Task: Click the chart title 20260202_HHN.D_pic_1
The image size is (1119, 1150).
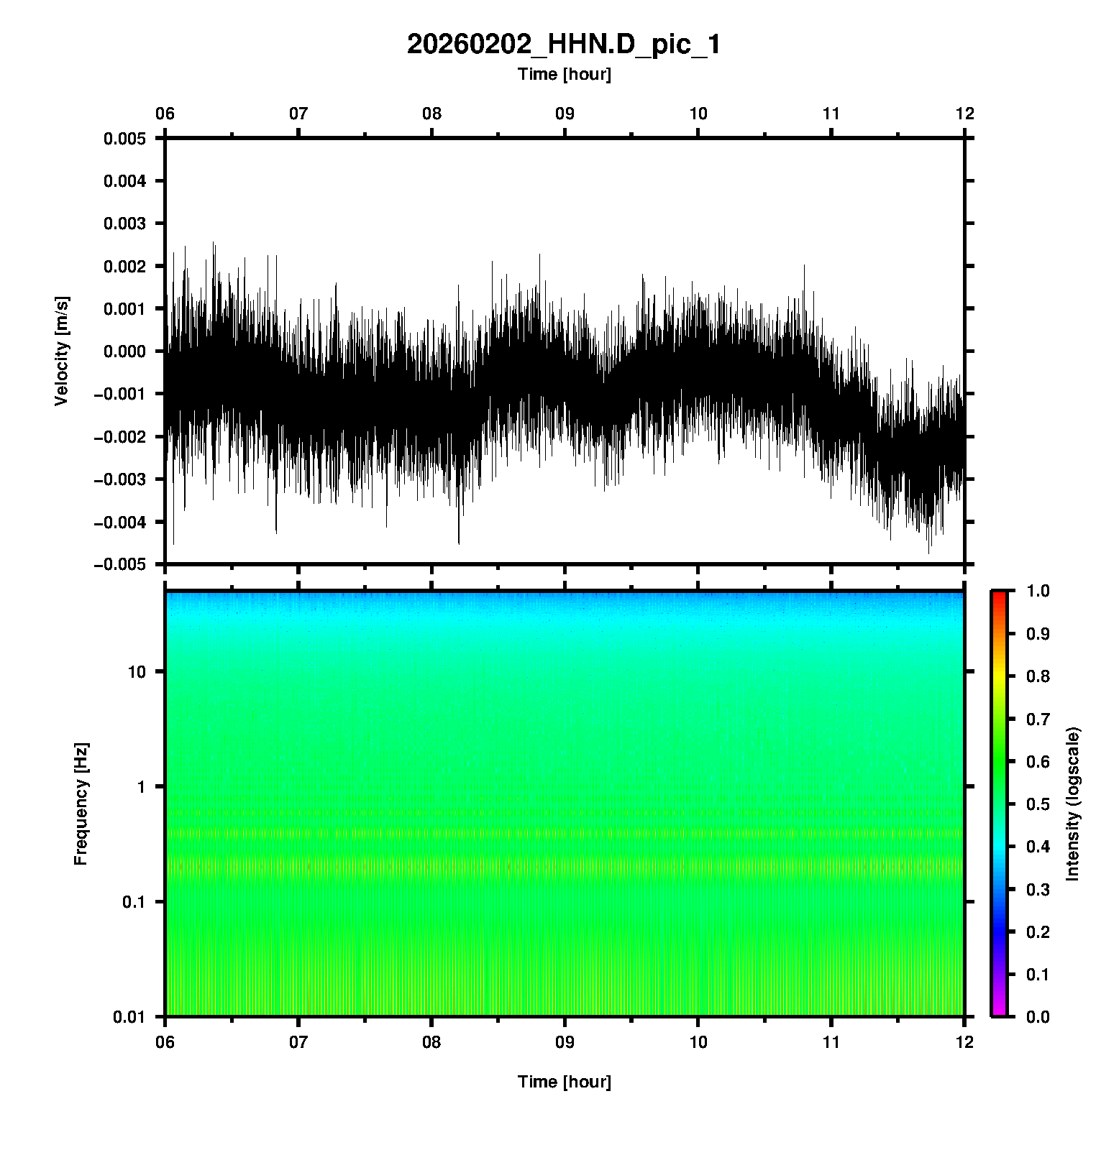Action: coord(564,45)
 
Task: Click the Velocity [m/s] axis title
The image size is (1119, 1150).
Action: coord(62,351)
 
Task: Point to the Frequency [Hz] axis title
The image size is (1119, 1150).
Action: coord(81,804)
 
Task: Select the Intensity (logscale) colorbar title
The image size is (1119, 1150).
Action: coord(1073,804)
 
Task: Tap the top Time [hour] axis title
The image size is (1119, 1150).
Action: coord(564,74)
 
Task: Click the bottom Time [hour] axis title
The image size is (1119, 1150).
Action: coord(564,1082)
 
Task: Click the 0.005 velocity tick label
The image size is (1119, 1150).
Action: coord(124,139)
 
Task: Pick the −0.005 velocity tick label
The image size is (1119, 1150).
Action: coord(119,564)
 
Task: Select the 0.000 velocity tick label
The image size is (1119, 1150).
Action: coord(124,351)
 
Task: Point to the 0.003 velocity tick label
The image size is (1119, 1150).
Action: coord(124,224)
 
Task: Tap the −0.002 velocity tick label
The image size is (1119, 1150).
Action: coord(119,436)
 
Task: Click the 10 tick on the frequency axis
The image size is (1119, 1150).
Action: coord(137,672)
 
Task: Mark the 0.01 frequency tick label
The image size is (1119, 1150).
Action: coord(129,1016)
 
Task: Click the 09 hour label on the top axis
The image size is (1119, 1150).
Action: coord(565,114)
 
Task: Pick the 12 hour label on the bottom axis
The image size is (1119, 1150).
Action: coord(964,1041)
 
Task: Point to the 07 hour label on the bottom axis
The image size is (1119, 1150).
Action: coord(298,1041)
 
